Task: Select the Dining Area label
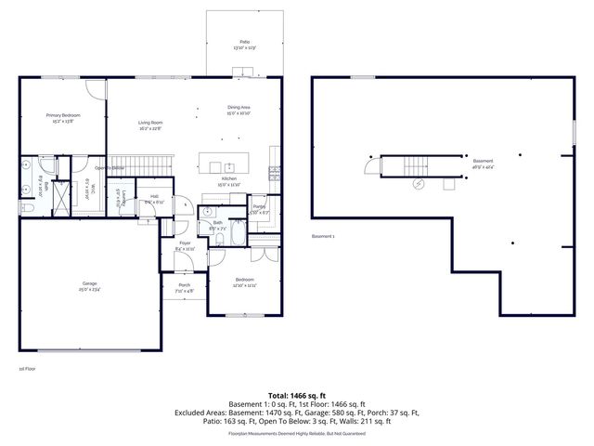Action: [x=239, y=110]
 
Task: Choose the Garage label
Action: [x=89, y=285]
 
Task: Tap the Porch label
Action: [x=185, y=287]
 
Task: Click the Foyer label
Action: [x=185, y=246]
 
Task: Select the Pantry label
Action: [x=259, y=209]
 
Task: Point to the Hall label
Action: [x=156, y=199]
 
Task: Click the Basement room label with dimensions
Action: [x=484, y=163]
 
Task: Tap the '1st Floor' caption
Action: [x=27, y=369]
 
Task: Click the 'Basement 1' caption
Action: [x=323, y=236]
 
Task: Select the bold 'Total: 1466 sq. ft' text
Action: [x=297, y=395]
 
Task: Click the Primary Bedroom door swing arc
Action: [x=97, y=88]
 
